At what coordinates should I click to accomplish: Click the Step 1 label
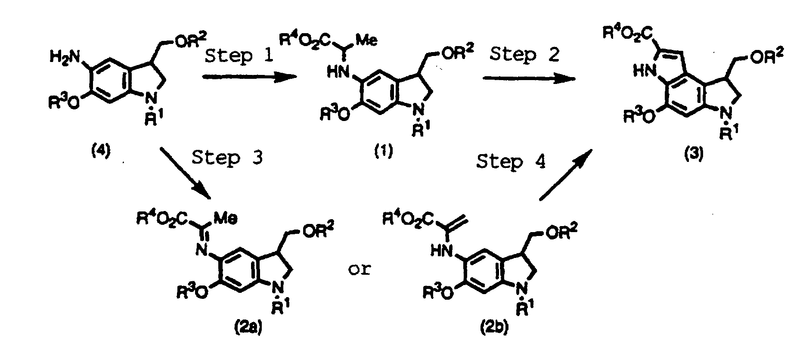(239, 56)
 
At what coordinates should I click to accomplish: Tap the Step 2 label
(525, 55)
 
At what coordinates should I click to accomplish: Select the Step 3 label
(227, 158)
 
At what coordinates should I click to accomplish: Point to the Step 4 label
(511, 162)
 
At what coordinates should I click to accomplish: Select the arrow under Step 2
(529, 78)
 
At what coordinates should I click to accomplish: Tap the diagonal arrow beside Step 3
(185, 174)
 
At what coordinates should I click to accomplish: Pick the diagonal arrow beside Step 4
(566, 175)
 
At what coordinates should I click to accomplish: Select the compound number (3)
(694, 155)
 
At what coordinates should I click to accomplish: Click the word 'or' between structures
(359, 270)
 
